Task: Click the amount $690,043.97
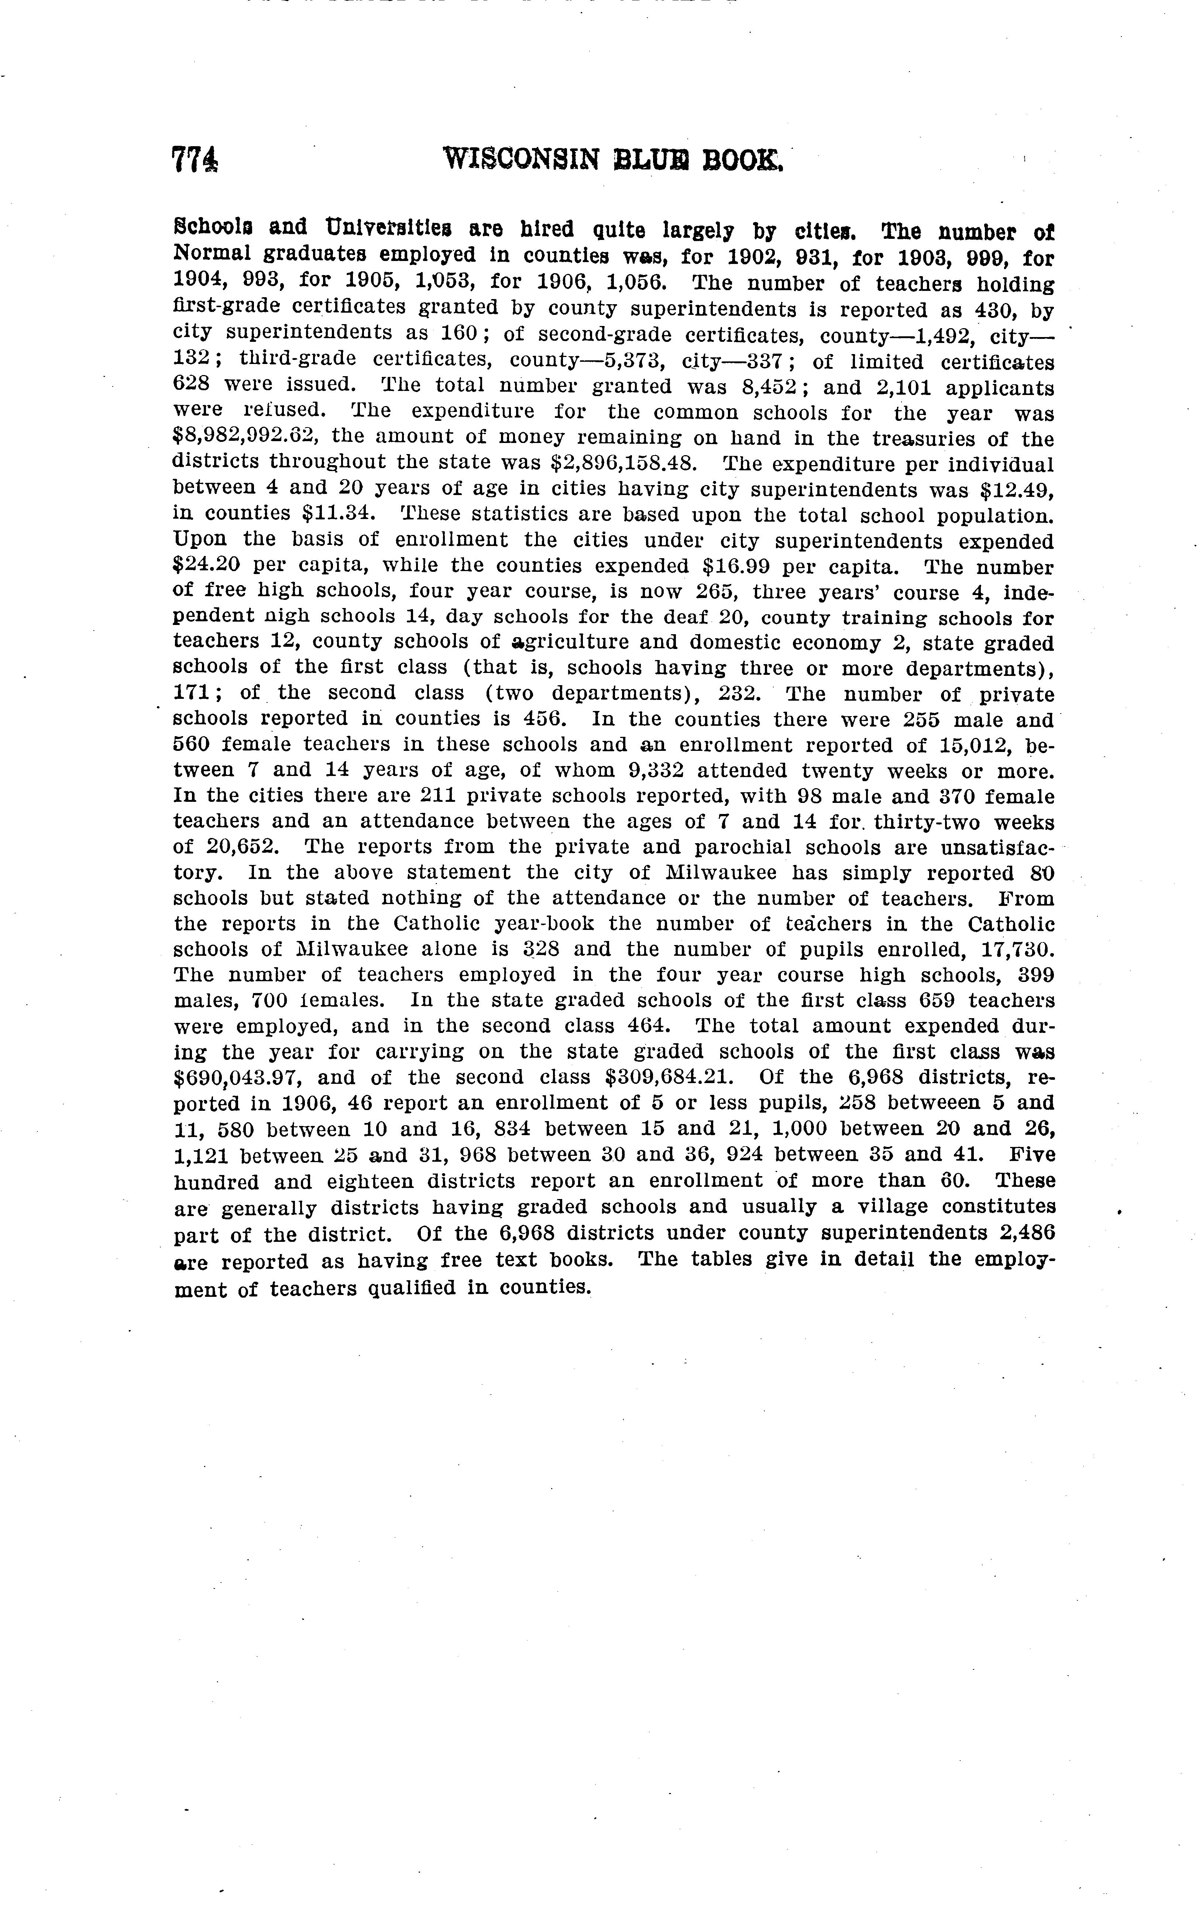click(x=246, y=1078)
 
